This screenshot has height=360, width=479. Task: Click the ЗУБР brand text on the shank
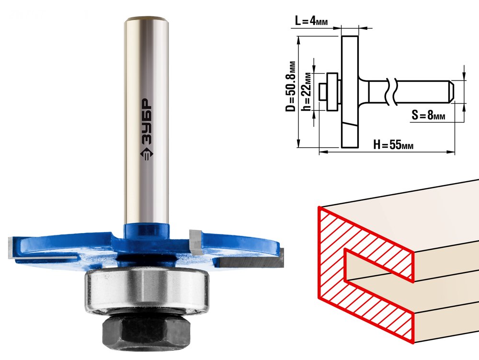point(147,122)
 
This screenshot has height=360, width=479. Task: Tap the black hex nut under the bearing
point(146,332)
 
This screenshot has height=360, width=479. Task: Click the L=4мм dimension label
point(311,21)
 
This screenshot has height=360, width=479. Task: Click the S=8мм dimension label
point(428,115)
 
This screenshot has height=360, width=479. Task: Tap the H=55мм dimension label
point(393,145)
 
